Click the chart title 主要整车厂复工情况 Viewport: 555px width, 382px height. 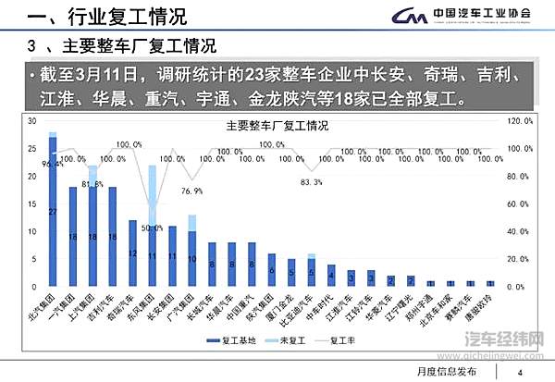click(277, 126)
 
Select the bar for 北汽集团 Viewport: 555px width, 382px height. click(53, 213)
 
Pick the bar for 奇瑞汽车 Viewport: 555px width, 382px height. click(132, 257)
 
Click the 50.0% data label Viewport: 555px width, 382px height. click(152, 228)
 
